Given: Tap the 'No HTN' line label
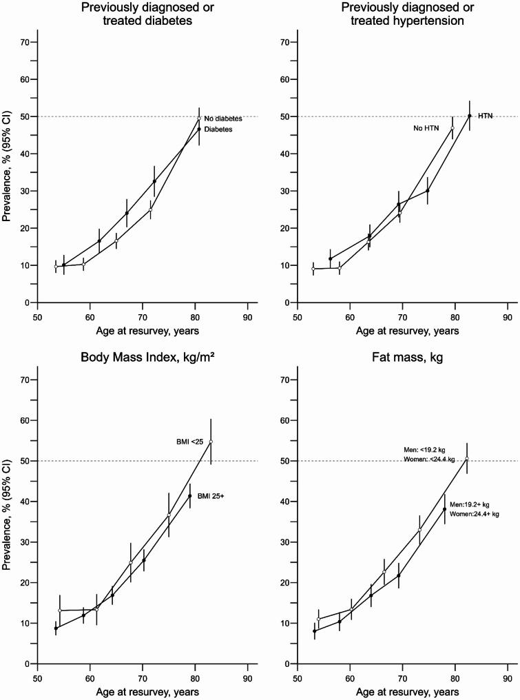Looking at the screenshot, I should click(x=427, y=128).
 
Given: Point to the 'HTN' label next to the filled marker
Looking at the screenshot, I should click(x=486, y=116).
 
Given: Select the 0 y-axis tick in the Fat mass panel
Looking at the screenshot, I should click(x=287, y=664).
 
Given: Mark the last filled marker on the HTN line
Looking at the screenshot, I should click(x=470, y=116).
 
